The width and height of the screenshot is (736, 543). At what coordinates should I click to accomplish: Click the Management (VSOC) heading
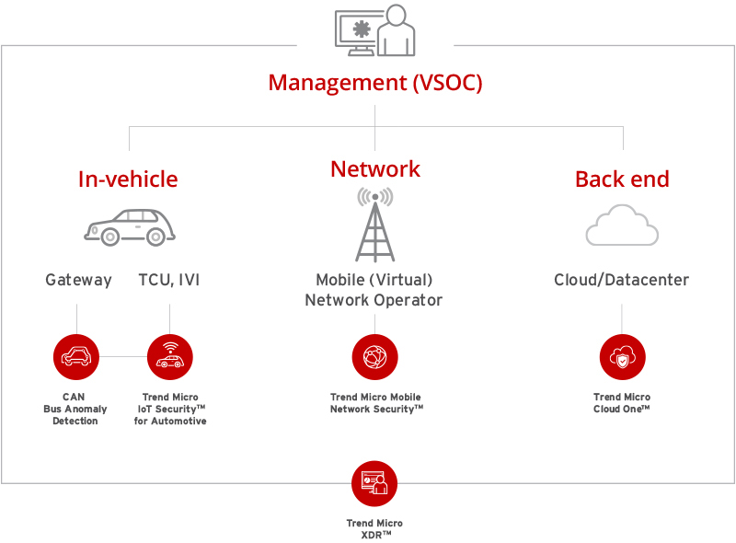[x=375, y=82]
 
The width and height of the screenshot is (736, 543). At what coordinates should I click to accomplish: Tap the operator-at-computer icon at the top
[x=375, y=31]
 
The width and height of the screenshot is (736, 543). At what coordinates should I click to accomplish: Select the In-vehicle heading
[x=128, y=179]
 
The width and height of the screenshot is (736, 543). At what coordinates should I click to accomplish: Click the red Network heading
[x=375, y=169]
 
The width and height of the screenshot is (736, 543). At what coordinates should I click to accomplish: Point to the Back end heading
[x=622, y=179]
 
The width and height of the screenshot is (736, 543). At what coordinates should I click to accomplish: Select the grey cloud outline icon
[x=622, y=225]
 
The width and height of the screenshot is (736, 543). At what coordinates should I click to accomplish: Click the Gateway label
[x=78, y=280]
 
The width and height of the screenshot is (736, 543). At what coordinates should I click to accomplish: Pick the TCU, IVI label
[x=168, y=280]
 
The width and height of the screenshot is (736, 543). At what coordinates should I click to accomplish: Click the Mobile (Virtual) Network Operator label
[x=375, y=290]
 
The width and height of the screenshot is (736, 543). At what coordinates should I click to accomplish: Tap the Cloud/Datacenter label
[x=621, y=280]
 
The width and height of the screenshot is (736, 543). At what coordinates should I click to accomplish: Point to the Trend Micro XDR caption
[x=374, y=528]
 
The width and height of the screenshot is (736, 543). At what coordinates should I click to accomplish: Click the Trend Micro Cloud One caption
[x=622, y=403]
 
